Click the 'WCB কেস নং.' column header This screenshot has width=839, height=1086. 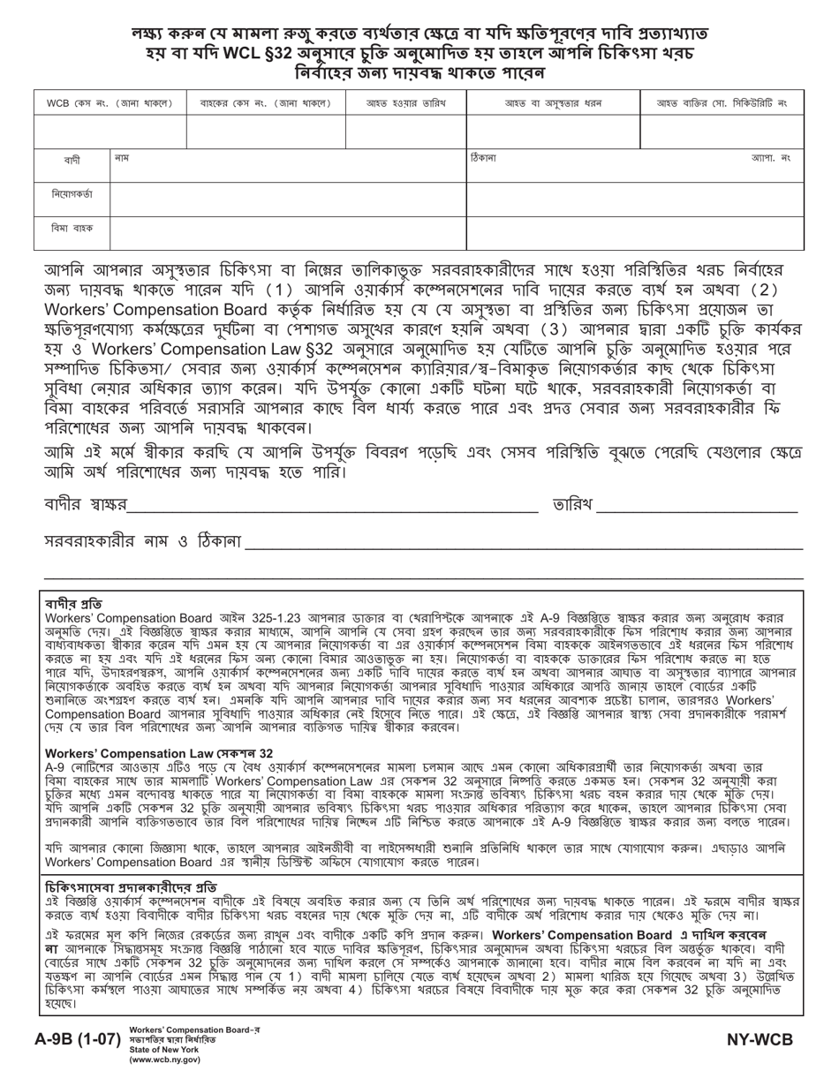click(x=110, y=103)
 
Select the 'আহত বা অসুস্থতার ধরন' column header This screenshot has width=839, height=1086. click(x=553, y=103)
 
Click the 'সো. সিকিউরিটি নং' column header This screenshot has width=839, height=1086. click(x=722, y=103)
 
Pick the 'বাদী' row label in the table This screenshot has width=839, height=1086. click(x=72, y=160)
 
